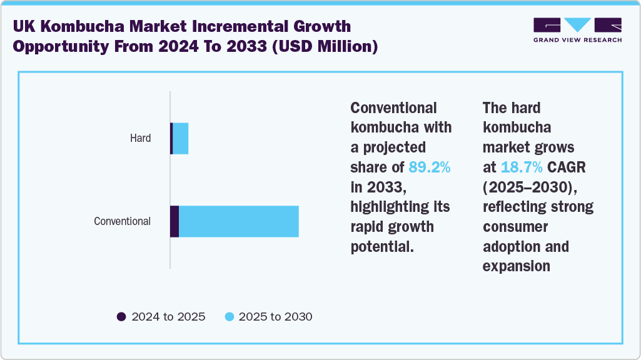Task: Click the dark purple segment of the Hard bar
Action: [x=171, y=138]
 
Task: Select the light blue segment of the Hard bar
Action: [x=180, y=138]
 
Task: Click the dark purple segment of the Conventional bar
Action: [x=174, y=221]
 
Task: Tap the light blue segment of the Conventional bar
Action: [x=238, y=221]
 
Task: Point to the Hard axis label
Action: [x=140, y=138]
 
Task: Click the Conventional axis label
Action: [x=122, y=221]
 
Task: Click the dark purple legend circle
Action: [x=121, y=317]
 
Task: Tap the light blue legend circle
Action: [x=230, y=317]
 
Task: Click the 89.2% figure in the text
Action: [x=429, y=167]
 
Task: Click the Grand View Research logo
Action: [x=577, y=30]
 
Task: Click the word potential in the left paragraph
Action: [x=381, y=246]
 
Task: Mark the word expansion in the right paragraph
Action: [x=516, y=266]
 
